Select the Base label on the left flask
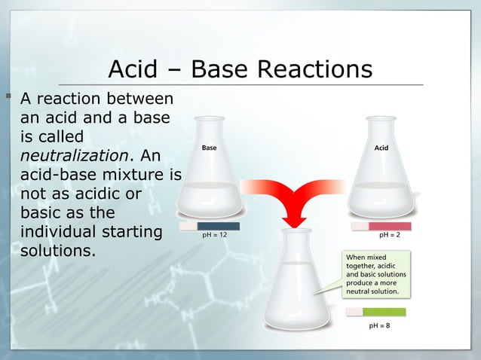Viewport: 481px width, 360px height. coord(209,148)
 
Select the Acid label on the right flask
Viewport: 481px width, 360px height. coord(381,148)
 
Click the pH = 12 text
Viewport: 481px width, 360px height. coord(214,235)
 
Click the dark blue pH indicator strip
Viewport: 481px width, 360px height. coord(218,225)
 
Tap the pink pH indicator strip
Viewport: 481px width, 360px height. coord(389,225)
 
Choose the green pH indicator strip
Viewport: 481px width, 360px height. coord(384,312)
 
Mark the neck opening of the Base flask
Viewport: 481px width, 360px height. coord(210,119)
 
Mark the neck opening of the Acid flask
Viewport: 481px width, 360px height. coord(381,119)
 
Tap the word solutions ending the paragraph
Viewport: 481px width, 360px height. coord(57,249)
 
